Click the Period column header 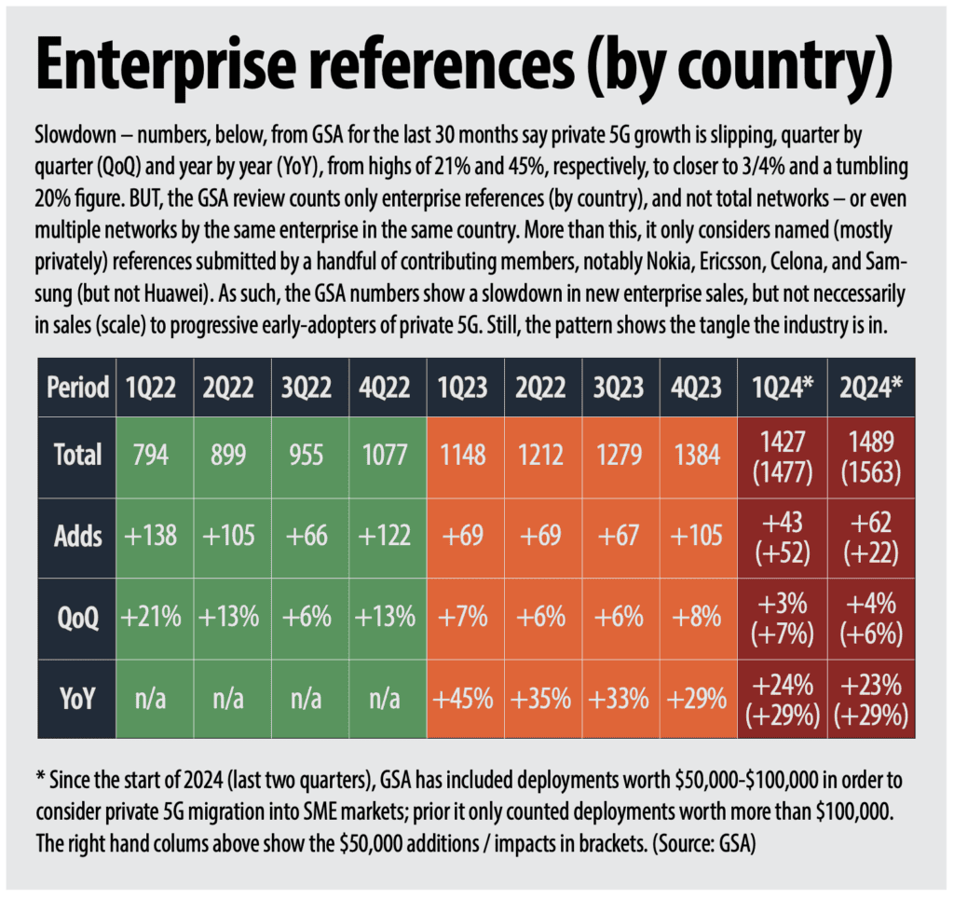click(x=77, y=388)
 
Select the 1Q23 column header click(x=462, y=388)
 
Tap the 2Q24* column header click(x=871, y=387)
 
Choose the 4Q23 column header click(x=696, y=388)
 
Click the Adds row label click(x=77, y=537)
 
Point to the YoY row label click(x=77, y=699)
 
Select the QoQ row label click(x=77, y=619)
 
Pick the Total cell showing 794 click(x=151, y=456)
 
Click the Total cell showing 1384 click(x=697, y=456)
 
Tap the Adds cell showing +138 click(x=150, y=536)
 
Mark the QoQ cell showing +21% click(x=151, y=617)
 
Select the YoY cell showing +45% click(x=462, y=699)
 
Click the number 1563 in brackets click(x=871, y=472)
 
